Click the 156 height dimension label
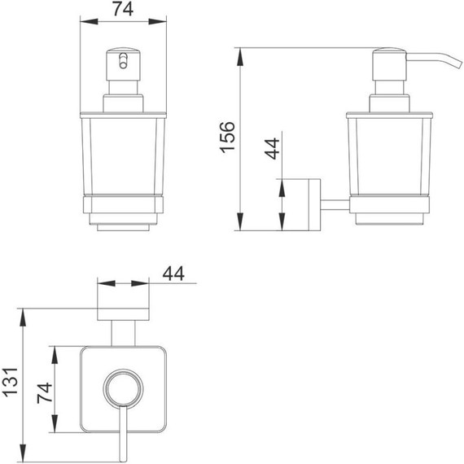pyautogui.click(x=228, y=137)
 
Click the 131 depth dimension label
pyautogui.click(x=11, y=382)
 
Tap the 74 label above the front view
pyautogui.click(x=123, y=9)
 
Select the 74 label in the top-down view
pyautogui.click(x=45, y=393)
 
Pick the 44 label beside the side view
pyautogui.click(x=272, y=148)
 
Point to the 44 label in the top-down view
pyautogui.click(x=173, y=274)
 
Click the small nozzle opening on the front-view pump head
pyautogui.click(x=123, y=61)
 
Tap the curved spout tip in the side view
pyautogui.click(x=460, y=66)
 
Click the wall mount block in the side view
pyautogui.click(x=314, y=204)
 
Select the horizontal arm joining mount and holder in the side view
pyautogui.click(x=335, y=205)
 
